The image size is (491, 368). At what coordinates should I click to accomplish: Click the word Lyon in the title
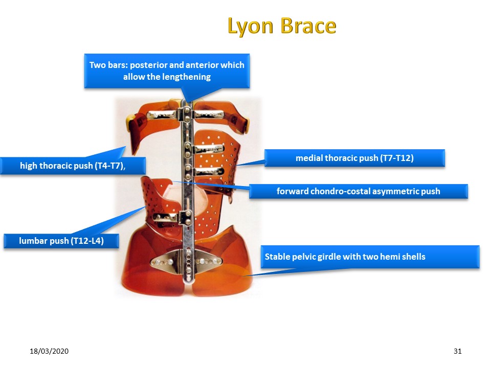[251, 26]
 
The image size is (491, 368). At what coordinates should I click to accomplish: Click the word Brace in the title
[308, 26]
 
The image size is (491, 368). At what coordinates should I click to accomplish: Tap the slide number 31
[457, 351]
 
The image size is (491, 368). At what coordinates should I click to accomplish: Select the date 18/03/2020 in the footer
[49, 351]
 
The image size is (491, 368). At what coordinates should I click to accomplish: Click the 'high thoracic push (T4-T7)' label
[73, 166]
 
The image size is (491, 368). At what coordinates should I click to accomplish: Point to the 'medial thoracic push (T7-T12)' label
[354, 158]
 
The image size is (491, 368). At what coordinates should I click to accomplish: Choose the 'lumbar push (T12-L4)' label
[61, 241]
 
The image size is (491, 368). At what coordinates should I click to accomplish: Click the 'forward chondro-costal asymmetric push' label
[358, 191]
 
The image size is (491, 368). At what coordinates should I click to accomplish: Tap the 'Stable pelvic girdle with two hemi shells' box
[370, 257]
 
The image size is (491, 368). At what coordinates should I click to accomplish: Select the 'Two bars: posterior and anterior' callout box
[167, 71]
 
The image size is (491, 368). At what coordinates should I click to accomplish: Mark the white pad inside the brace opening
[185, 198]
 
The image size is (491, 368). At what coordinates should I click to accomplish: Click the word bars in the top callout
[118, 65]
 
